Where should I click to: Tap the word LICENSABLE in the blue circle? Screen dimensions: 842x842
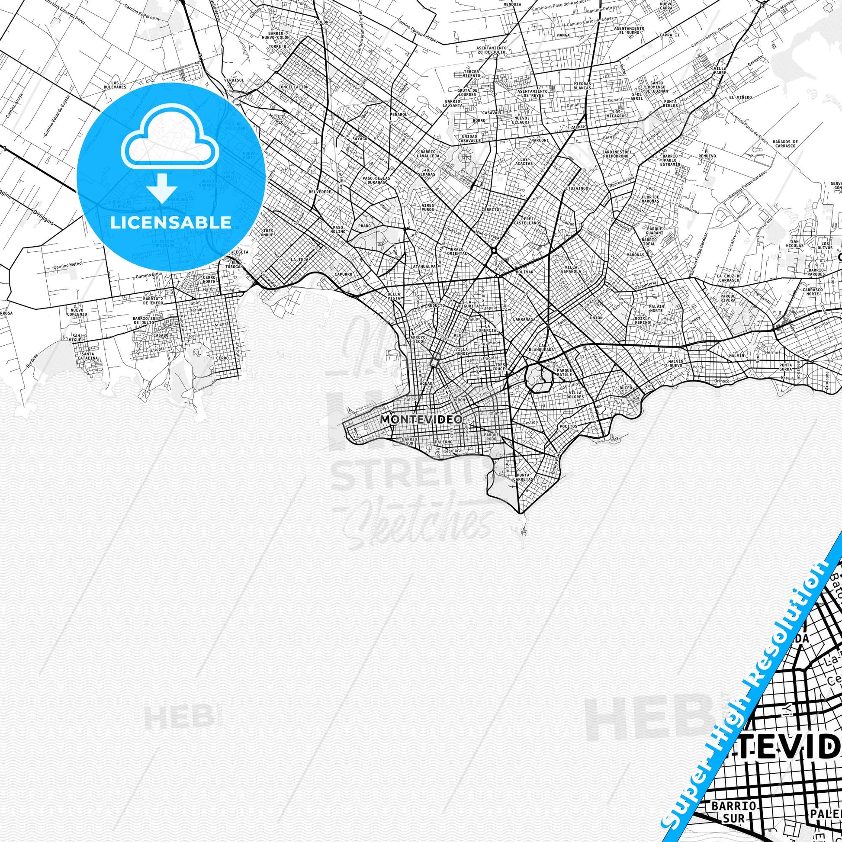click(x=171, y=223)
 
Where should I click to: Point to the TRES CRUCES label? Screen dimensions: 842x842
click(x=501, y=366)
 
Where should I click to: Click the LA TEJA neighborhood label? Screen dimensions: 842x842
click(x=300, y=259)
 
